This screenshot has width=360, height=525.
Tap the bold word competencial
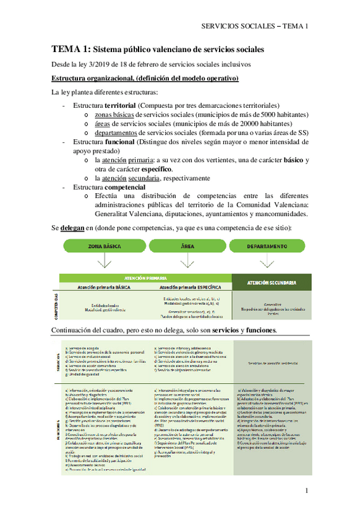125,187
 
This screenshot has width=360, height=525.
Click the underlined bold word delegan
75,228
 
